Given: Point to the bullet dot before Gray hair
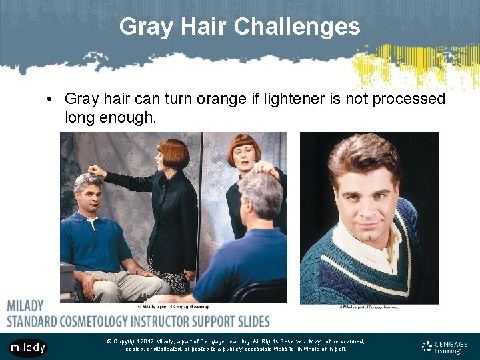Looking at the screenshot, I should [50, 99].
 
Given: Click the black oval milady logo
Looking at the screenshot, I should [27, 347].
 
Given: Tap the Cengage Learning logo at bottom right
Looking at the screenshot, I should [444, 346].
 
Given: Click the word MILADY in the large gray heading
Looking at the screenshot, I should [25, 306].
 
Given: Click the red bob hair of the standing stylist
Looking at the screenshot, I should [173, 152].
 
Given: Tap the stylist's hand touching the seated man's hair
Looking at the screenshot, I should [97, 171].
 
